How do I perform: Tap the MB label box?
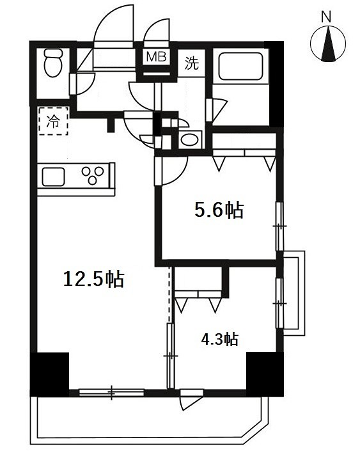pos(156,57)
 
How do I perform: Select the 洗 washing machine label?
pos(191,63)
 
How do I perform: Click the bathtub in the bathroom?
pos(239,67)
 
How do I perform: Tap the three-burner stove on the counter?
pos(95,175)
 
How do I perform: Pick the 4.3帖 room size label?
pos(219,339)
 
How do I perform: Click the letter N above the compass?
pos(327,18)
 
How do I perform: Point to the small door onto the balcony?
pos(190,399)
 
